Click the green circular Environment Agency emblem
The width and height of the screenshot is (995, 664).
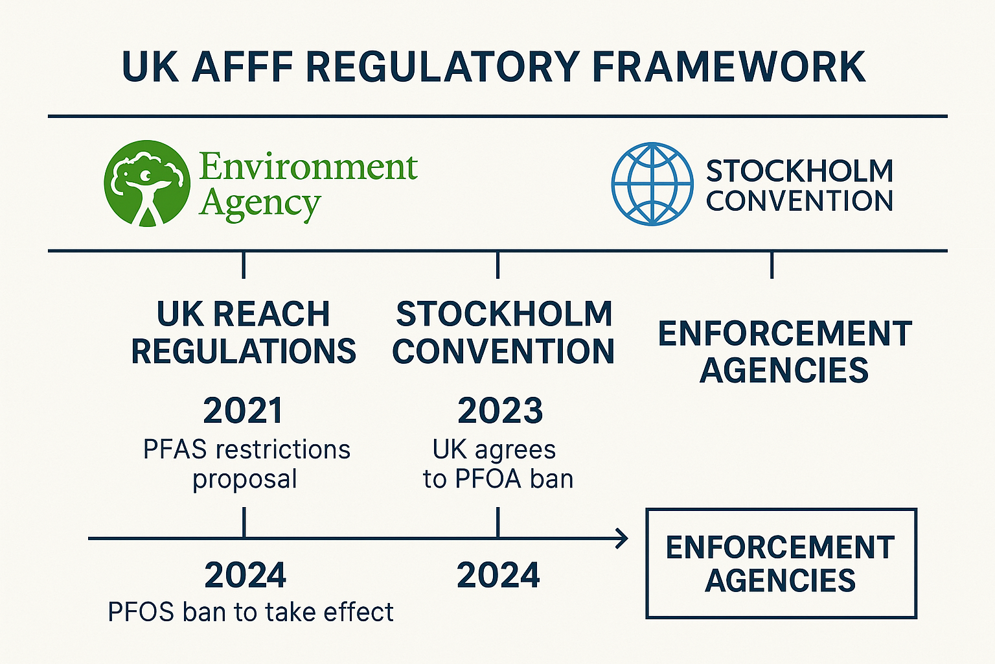pos(147,184)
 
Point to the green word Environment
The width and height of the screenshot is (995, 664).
pos(308,167)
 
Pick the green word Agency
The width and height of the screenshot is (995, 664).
pos(260,204)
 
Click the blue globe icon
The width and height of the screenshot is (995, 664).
pos(652,184)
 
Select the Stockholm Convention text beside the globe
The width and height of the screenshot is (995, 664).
pos(799,185)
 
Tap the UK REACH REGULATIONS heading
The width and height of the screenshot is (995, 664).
pos(244,333)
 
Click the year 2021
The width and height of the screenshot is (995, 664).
pos(244,411)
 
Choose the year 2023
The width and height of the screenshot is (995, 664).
pos(500,411)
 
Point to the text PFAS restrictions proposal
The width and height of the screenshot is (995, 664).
pos(246,464)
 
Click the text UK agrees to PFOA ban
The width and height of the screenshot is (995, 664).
pos(497,464)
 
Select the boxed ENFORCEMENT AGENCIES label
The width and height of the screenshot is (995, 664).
pos(781,563)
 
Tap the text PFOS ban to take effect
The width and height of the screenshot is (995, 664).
pos(251,612)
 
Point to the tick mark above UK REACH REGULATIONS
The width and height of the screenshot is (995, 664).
pos(244,265)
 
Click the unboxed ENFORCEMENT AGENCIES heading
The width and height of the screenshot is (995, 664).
pos(784,352)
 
